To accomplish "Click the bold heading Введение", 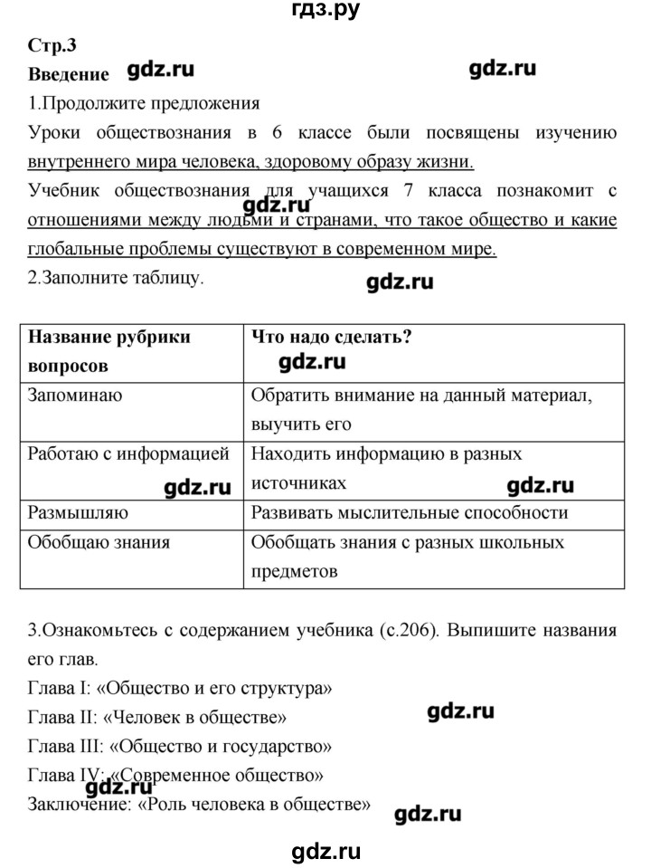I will (69, 75).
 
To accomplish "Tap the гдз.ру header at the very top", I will (325, 12).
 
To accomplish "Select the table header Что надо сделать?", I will (331, 337).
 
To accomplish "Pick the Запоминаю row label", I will (76, 395).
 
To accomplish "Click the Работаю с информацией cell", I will (128, 453).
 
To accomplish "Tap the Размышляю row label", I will (78, 512).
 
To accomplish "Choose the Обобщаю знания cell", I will (99, 542).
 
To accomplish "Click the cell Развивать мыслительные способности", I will (409, 512).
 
